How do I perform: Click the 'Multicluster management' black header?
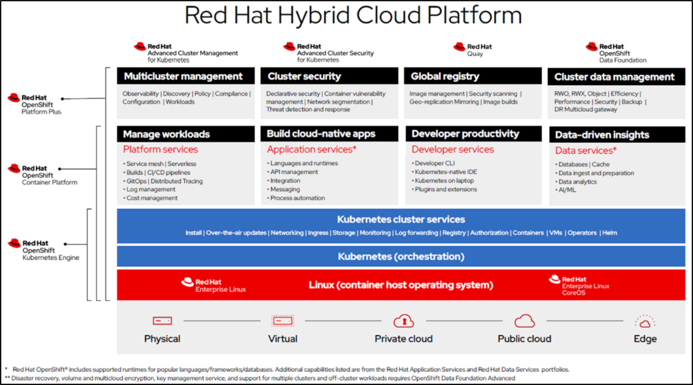coord(186,76)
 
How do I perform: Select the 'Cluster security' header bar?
coord(329,76)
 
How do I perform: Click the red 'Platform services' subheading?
coord(160,149)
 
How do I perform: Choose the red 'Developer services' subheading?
coord(452,149)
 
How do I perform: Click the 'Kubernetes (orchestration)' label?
coord(401,256)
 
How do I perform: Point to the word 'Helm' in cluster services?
coord(610,233)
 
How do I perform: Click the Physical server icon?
coord(162,321)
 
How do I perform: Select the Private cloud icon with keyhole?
coord(404,321)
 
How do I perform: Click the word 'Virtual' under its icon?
coord(283,339)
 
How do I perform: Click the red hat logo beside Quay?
coord(459,47)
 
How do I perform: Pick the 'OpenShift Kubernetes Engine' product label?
coord(51,250)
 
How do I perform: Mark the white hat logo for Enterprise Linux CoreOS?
coord(555,279)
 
